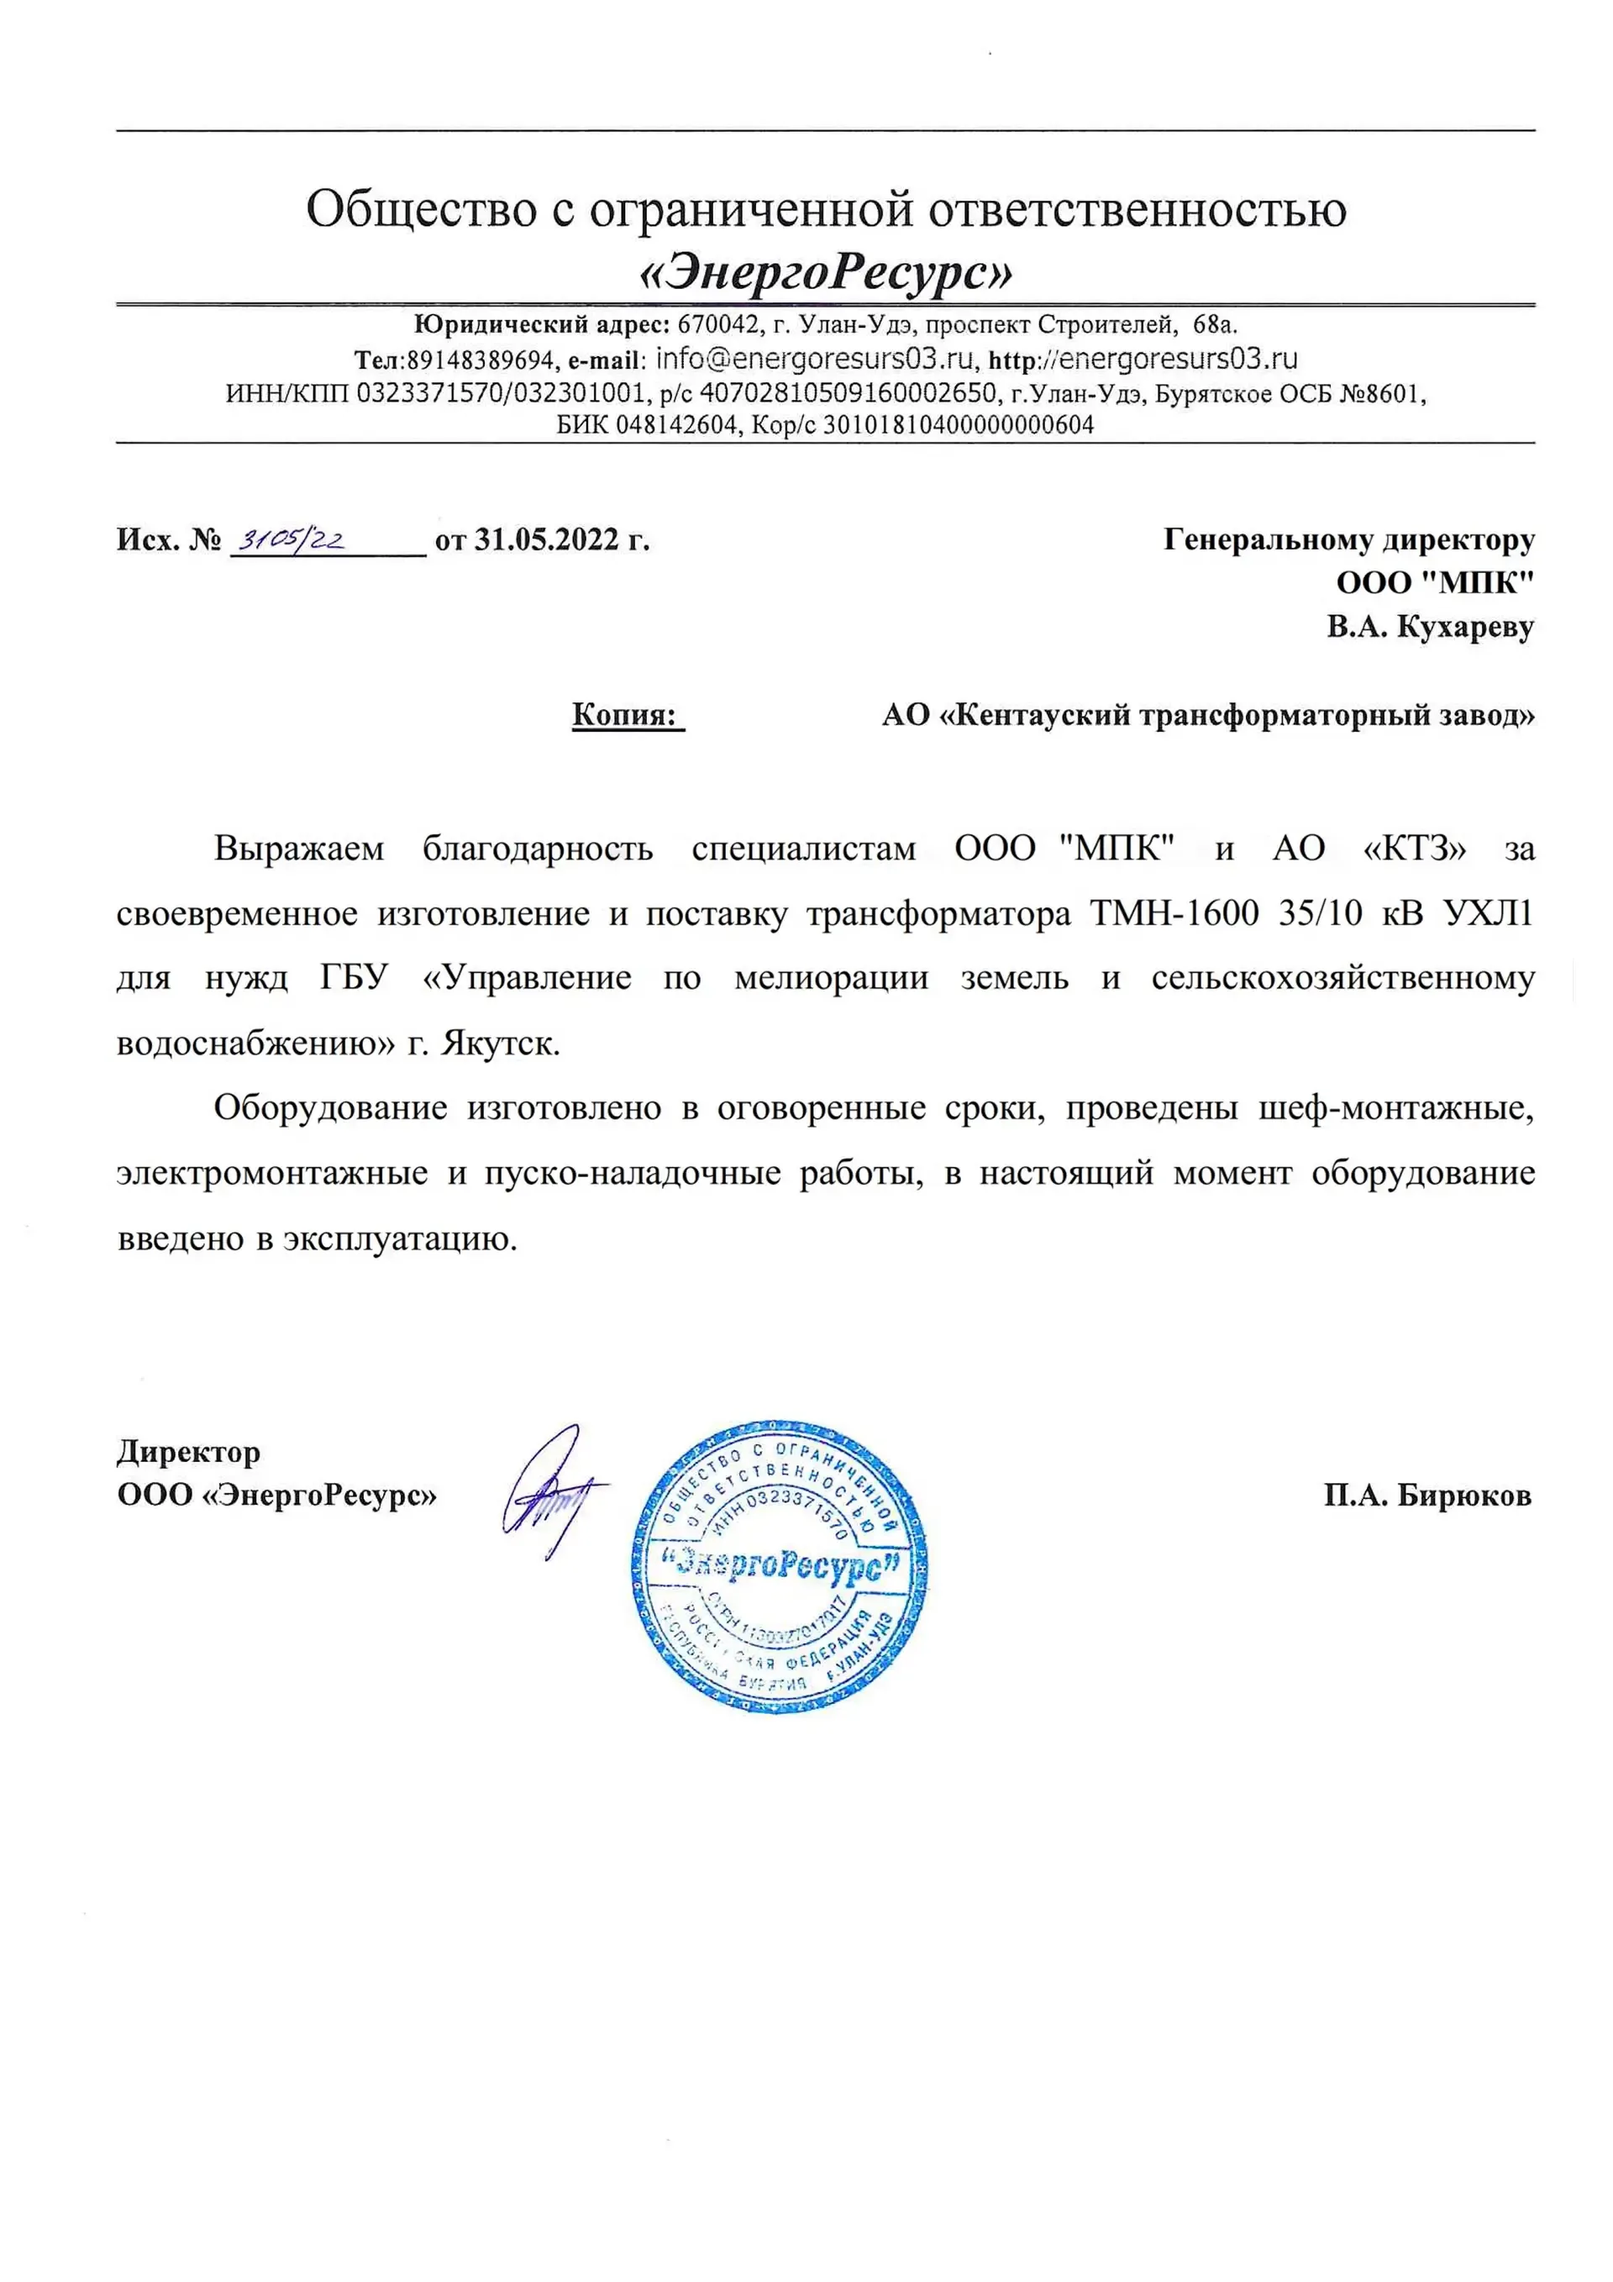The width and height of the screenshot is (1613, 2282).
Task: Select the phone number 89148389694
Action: click(x=480, y=360)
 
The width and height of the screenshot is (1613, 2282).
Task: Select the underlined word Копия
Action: click(x=623, y=716)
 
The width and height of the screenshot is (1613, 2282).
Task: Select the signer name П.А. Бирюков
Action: click(x=1427, y=1495)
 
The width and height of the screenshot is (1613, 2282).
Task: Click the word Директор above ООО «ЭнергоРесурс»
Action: click(x=189, y=1452)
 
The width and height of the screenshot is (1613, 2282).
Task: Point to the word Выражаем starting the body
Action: click(x=298, y=849)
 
